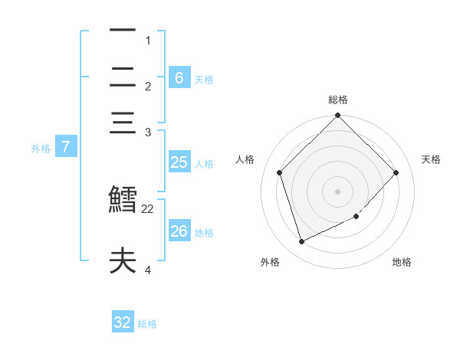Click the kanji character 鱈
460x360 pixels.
tap(123, 198)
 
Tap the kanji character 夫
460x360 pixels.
tap(123, 261)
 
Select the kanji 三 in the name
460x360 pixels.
tap(123, 125)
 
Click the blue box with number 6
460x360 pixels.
tap(179, 77)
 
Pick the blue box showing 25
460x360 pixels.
tap(179, 162)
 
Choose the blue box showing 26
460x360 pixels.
tap(179, 231)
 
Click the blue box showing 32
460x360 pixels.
tap(123, 322)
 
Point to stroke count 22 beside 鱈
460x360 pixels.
tap(148, 208)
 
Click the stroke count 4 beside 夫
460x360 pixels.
tap(148, 270)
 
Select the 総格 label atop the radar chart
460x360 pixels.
tap(337, 100)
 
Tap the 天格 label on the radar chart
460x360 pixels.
tap(431, 159)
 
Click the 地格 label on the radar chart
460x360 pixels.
tap(402, 262)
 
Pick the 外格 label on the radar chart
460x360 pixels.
tap(270, 262)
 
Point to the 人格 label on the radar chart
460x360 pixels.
tap(245, 159)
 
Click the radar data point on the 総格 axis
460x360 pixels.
tap(337, 116)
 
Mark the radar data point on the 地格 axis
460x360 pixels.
tap(356, 217)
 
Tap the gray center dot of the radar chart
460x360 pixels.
tap(337, 191)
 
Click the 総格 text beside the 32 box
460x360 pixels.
tap(147, 324)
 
